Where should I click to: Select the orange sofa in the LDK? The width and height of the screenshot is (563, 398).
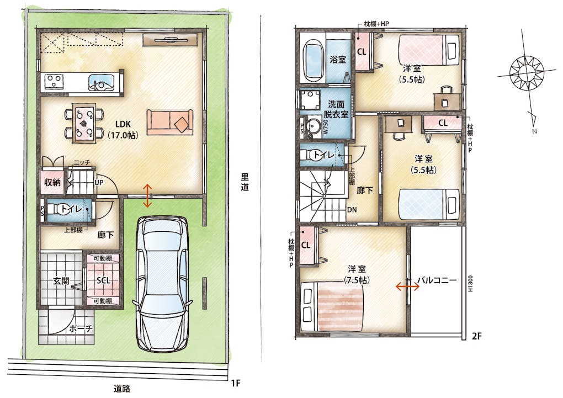170,122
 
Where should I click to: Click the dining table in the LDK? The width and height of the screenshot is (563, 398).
84,123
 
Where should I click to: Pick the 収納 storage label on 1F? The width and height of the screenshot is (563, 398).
52,182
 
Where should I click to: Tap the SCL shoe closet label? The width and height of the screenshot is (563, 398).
103,280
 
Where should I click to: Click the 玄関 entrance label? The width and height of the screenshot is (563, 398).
61,280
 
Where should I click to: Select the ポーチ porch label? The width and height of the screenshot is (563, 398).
81,328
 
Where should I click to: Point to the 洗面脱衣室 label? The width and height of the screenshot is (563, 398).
336,109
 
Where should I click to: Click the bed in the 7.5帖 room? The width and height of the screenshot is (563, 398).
333,306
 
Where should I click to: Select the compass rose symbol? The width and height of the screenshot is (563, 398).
527,73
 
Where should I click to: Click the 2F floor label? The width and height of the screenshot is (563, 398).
476,336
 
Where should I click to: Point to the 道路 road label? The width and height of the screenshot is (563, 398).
122,389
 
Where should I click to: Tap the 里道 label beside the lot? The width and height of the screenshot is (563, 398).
245,182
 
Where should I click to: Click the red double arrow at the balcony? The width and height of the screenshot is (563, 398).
407,286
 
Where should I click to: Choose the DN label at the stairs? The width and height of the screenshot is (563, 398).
352,209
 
